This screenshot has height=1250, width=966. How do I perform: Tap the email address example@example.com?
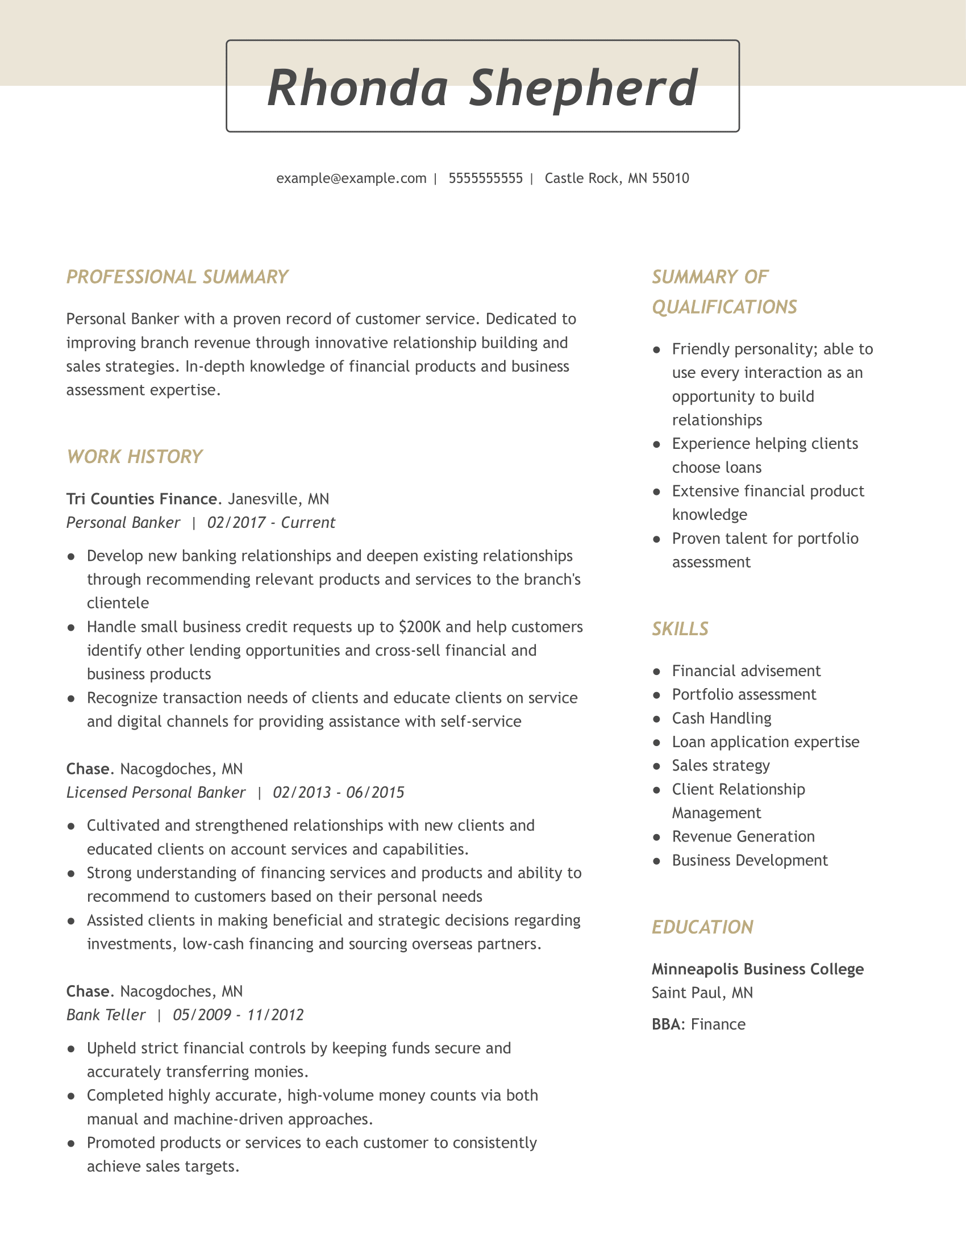point(351,178)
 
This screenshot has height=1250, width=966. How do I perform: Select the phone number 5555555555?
point(485,178)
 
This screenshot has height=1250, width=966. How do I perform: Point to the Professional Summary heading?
point(177,277)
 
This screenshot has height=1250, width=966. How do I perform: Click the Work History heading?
point(135,457)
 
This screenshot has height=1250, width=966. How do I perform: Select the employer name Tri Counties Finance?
point(141,499)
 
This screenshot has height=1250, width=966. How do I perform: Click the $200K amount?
point(419,627)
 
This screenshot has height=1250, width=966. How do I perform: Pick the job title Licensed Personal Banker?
point(156,793)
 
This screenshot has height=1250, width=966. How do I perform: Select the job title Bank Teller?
point(106,1015)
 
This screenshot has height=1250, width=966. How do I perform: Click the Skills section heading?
point(680,629)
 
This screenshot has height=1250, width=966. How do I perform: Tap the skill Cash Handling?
point(721,718)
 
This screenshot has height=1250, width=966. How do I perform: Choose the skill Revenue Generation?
point(743,837)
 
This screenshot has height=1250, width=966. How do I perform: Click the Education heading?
point(702,927)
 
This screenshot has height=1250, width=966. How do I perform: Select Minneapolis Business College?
point(757,969)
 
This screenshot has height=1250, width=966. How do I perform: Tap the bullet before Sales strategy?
point(657,766)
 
